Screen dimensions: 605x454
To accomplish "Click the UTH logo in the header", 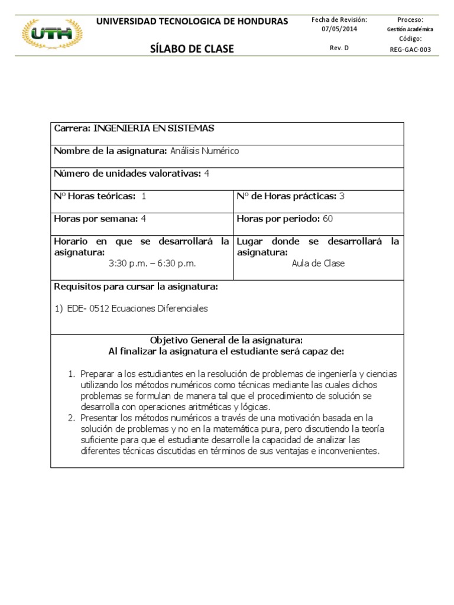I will point(53,35).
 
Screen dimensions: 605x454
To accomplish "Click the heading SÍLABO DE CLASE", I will point(192,48).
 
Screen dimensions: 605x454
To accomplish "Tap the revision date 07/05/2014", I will point(339,29).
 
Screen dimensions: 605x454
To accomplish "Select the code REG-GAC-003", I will point(410,50).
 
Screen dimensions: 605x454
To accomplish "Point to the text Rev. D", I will point(339,48).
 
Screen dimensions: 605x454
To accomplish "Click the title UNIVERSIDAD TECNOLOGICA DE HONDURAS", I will point(192,21).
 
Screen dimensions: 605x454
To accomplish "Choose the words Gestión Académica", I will point(410,29).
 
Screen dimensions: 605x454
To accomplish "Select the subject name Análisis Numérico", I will point(205,151).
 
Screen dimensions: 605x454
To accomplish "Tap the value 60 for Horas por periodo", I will point(327,219).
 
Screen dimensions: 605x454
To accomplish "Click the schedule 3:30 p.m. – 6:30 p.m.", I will point(152,263).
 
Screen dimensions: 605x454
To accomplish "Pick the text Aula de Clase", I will point(318,263).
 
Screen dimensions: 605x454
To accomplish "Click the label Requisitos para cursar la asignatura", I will point(136,287).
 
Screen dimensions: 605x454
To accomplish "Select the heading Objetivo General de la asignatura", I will point(226,340).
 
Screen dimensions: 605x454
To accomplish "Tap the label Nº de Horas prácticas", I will point(286,196).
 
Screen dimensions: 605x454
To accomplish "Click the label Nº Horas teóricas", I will point(95,196).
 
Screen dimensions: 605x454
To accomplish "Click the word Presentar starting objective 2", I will point(101,418).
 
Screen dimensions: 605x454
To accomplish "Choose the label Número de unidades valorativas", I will point(127,173).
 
